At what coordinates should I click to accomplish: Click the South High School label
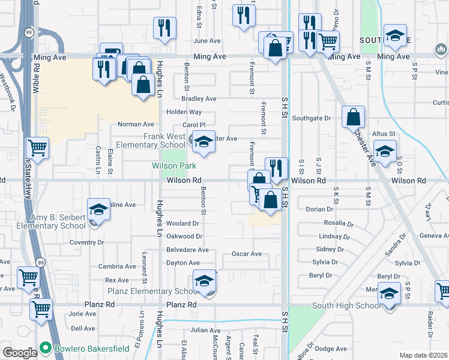(346, 306)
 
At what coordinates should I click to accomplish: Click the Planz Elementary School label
(153, 292)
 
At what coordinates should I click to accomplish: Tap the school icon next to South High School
(389, 293)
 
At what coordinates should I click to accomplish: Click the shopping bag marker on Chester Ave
(354, 116)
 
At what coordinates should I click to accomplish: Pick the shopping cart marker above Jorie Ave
(41, 310)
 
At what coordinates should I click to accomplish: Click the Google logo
(20, 353)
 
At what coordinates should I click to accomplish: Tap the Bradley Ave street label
(198, 98)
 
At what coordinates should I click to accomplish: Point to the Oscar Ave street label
(247, 254)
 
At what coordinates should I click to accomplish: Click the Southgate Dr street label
(312, 118)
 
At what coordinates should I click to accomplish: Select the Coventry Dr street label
(86, 242)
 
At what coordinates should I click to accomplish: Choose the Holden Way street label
(184, 112)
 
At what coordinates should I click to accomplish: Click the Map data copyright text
(424, 355)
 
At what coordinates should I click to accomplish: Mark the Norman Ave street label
(136, 124)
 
